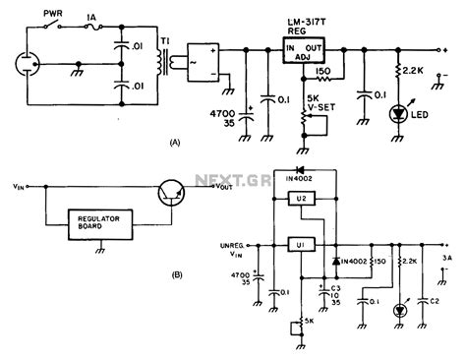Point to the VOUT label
click(x=225, y=187)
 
